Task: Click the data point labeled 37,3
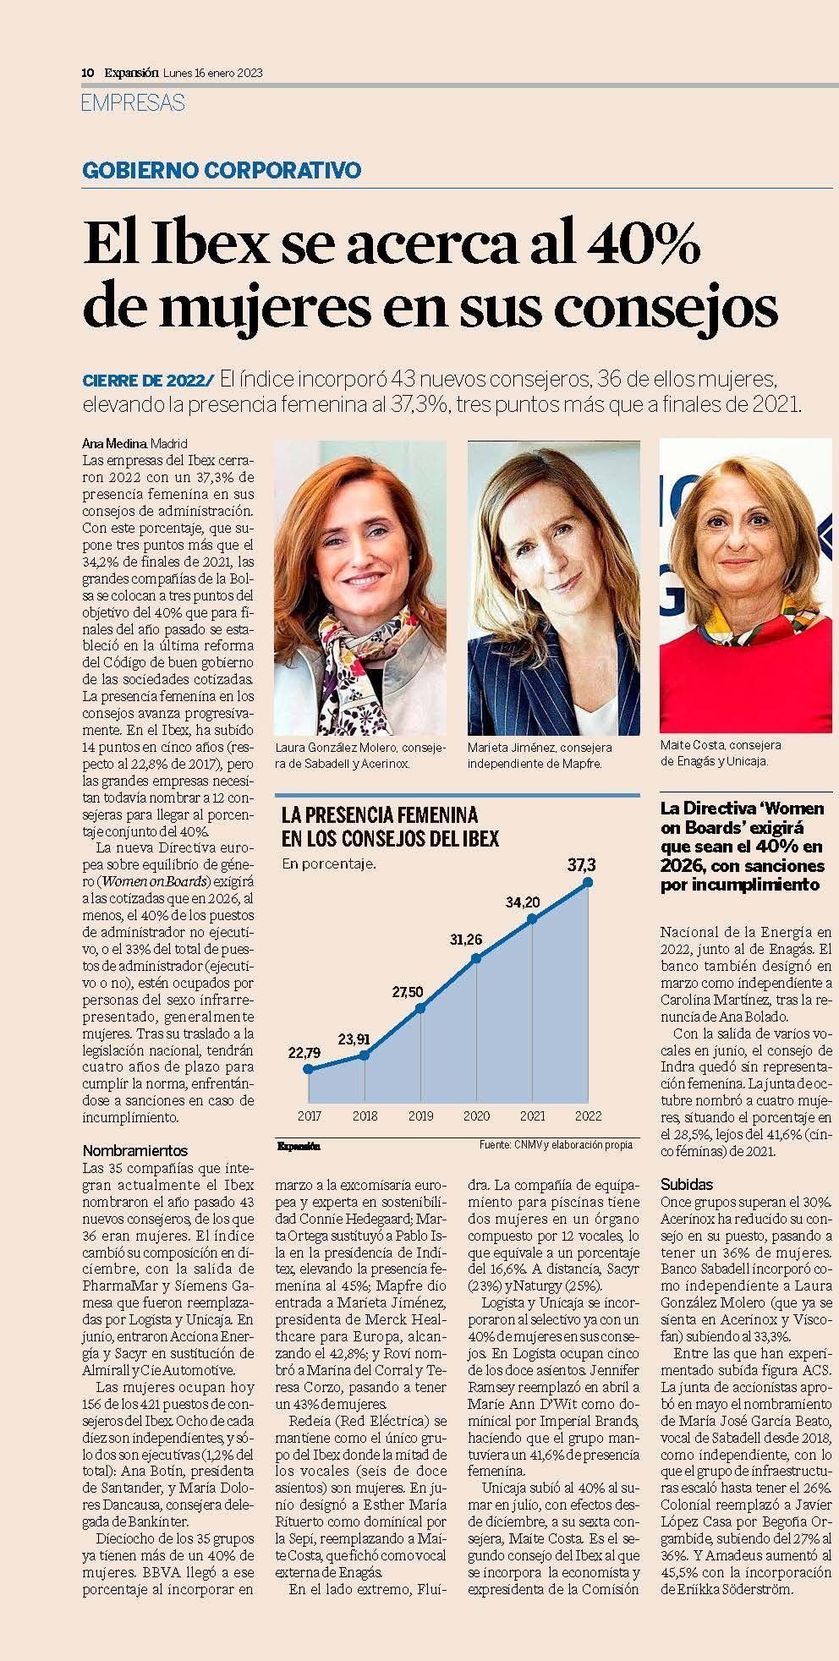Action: click(x=588, y=882)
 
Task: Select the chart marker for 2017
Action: click(x=308, y=1069)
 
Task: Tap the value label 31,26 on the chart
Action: click(x=465, y=940)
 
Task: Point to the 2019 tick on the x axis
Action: click(x=420, y=1116)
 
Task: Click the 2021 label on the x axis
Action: click(x=532, y=1116)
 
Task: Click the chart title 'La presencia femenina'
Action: click(x=380, y=815)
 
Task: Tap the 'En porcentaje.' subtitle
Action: click(x=329, y=864)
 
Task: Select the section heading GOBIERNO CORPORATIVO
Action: click(x=222, y=170)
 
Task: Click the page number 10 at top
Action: click(x=86, y=73)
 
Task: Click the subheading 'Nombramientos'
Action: click(x=135, y=1150)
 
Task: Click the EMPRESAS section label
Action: click(x=133, y=103)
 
